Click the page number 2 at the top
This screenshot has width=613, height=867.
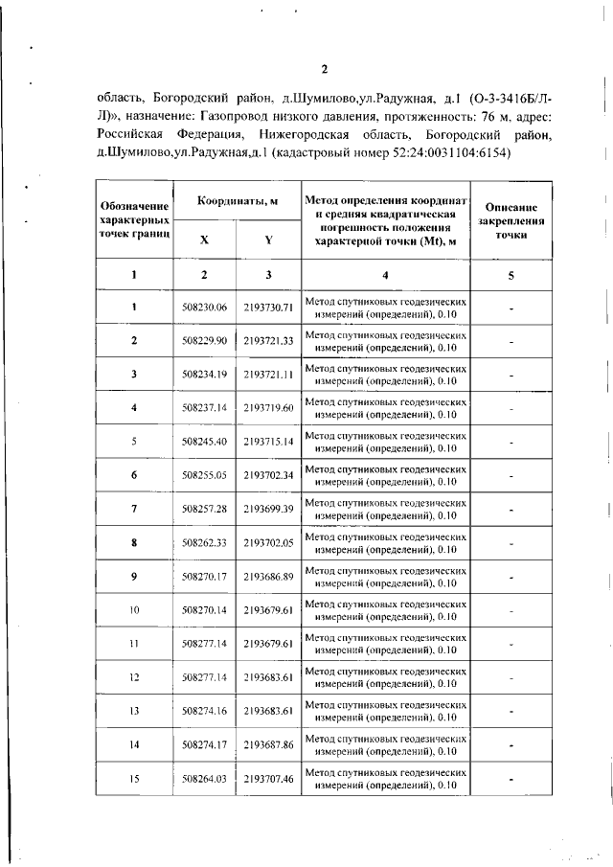coord(325,69)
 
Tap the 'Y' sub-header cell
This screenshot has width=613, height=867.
coord(268,240)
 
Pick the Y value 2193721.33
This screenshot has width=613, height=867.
coord(268,340)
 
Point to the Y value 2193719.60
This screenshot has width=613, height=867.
coord(268,407)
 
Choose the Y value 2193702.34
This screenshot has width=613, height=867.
coord(268,475)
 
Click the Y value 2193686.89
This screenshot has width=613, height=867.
coord(268,576)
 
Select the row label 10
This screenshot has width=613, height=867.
coord(134,609)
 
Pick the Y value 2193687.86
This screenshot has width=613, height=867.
coord(268,744)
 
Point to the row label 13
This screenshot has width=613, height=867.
coord(134,711)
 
